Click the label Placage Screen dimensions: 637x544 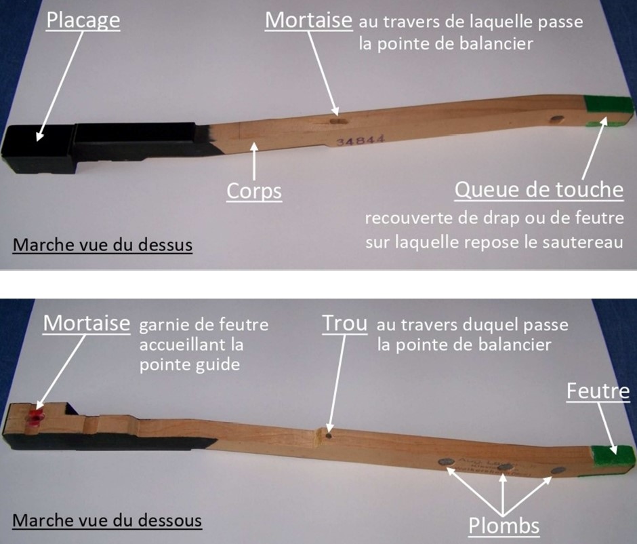pos(83,21)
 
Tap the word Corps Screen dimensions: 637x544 pos(254,191)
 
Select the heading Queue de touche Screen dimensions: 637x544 pos(539,190)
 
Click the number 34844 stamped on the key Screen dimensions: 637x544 pos(360,140)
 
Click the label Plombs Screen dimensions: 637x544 pos(504,525)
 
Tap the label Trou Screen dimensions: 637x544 pos(344,324)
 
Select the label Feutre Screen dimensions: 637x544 pos(598,391)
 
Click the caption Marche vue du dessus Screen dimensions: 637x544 pos(102,245)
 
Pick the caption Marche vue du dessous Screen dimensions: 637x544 pos(107,520)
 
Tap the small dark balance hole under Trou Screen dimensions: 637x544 pos(328,436)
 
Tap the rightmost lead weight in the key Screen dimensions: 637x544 pos(558,471)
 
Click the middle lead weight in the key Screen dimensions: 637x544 pos(504,467)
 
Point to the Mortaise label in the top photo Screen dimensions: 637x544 pos(309,20)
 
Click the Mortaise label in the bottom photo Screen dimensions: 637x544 pos(87,324)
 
